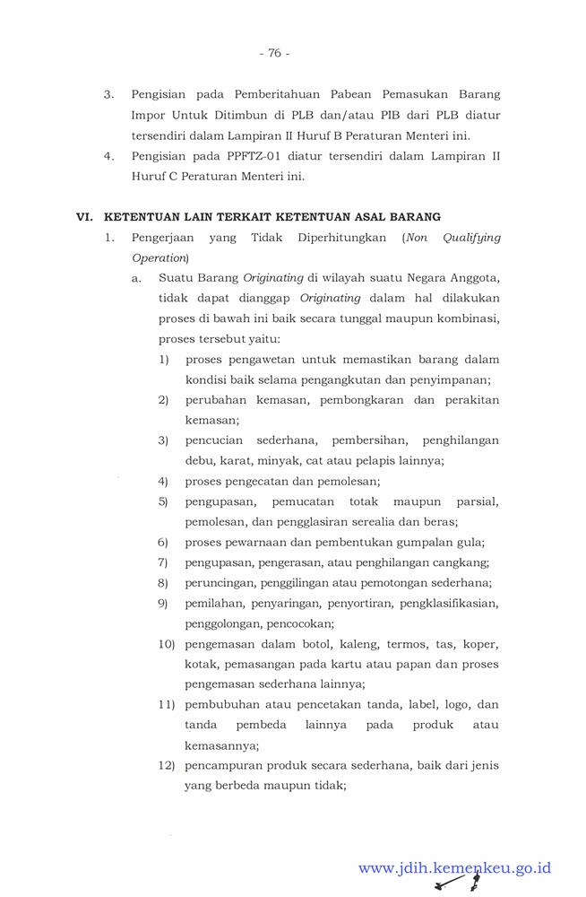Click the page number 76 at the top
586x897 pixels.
tap(274, 53)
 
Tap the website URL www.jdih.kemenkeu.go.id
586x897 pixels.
tap(454, 867)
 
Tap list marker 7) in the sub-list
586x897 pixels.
tap(163, 562)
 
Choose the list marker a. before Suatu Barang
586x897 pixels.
tap(136, 278)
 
